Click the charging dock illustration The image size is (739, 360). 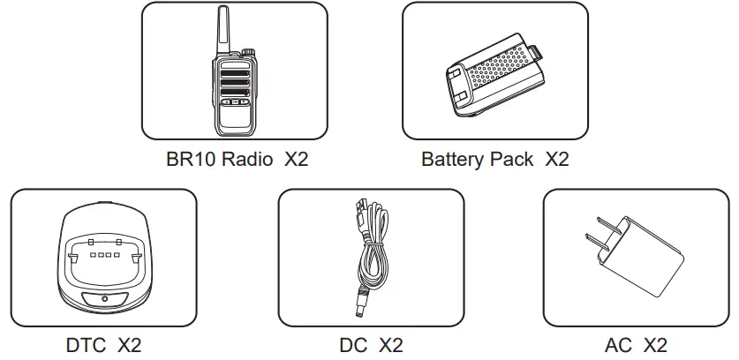coord(102,264)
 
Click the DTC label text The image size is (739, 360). coord(84,344)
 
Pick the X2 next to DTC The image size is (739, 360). coord(129,344)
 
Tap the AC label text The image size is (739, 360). coord(618,344)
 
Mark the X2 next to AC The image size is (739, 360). coord(655,344)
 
